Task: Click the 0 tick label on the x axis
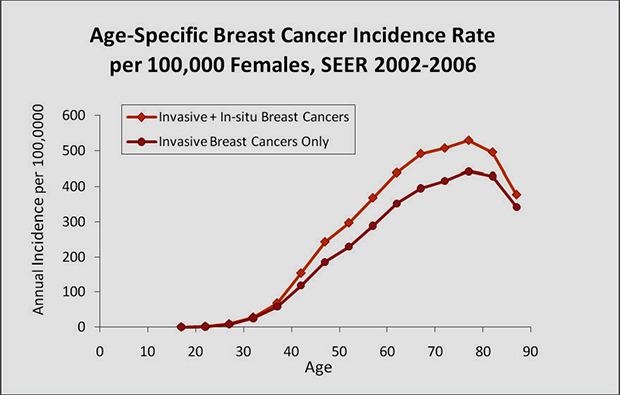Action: (99, 351)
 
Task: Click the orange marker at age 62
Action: (397, 172)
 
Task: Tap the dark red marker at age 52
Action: (349, 246)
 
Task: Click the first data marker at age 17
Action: (181, 327)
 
